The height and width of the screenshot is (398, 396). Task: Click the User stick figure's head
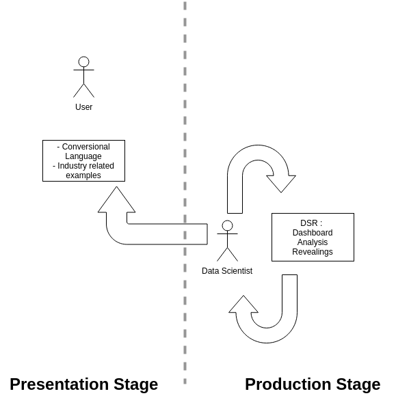tap(83, 62)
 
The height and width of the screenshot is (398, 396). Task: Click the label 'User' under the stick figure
tap(83, 107)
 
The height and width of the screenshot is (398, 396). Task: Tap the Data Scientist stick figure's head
tap(227, 226)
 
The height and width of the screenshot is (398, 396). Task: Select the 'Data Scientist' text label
tap(227, 271)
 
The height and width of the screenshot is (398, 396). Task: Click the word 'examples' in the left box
tap(83, 175)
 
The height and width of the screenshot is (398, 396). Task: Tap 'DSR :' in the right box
tap(312, 223)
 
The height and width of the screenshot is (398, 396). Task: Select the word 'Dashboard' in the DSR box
tap(313, 233)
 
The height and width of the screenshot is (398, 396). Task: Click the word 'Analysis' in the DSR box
tap(313, 242)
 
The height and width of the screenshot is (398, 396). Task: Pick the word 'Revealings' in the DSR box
tap(313, 252)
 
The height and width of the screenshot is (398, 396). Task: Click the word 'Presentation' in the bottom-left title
tap(57, 384)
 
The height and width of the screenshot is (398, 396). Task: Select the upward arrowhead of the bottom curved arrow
tap(243, 304)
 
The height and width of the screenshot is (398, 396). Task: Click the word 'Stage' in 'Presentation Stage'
tap(133, 384)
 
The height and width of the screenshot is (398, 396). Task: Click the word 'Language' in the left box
tap(83, 156)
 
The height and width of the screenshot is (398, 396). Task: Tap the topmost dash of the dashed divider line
tap(185, 5)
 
